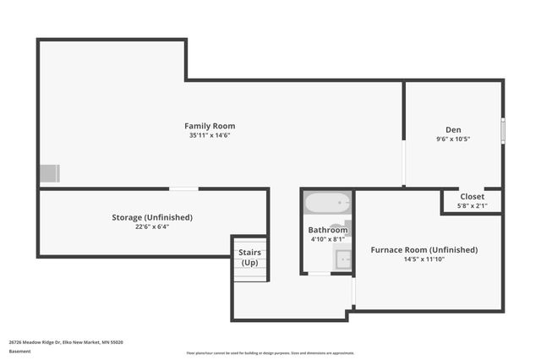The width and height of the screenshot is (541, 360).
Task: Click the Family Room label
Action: coord(210,126)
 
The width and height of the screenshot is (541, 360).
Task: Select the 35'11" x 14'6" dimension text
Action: coord(210,135)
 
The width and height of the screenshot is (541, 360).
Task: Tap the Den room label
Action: coord(453,129)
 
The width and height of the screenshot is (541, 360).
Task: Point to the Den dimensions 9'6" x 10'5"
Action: coord(453,139)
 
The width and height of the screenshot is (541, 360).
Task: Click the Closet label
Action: coord(472,196)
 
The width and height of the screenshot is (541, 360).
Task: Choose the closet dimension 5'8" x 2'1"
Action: coord(472,205)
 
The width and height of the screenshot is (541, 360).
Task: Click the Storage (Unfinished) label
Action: coord(152,217)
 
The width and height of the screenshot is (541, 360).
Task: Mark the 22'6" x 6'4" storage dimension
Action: coord(152,226)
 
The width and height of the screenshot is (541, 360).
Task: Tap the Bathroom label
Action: coord(327,230)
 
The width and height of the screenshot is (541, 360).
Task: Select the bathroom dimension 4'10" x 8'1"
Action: coord(327,239)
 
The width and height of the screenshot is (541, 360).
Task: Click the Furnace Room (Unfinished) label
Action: coord(424,250)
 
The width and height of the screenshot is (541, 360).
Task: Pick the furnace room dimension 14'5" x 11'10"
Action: coord(424,259)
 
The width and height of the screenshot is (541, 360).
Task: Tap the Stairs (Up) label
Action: coord(249,258)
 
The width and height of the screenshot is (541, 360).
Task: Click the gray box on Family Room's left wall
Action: coord(49,173)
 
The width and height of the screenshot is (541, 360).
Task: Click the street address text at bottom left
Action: coord(66,342)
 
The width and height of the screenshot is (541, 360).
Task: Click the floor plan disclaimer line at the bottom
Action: coord(270,353)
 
